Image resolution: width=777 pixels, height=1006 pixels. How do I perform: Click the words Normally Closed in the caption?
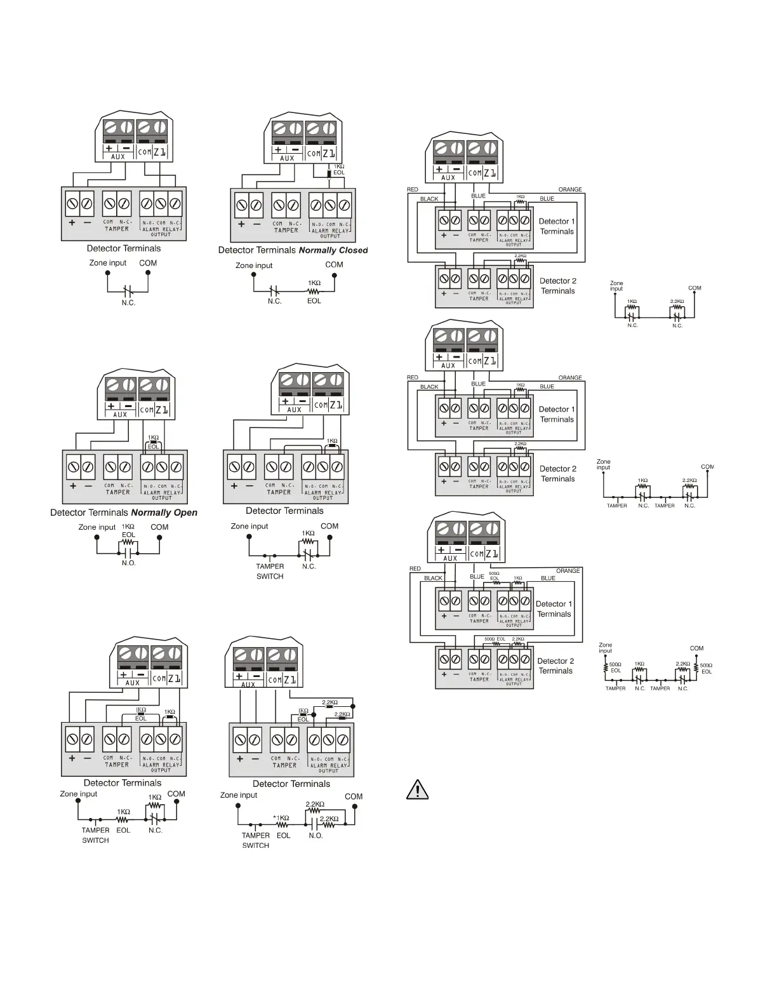tap(333, 250)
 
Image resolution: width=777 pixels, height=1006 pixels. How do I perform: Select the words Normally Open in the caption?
tap(164, 513)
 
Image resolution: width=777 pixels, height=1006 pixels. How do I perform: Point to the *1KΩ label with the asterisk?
tap(281, 818)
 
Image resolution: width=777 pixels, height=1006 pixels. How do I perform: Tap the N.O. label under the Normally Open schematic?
tap(129, 563)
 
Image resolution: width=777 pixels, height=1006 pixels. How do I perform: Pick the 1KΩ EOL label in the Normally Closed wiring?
tap(339, 170)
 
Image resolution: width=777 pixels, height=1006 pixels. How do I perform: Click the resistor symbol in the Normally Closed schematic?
tap(314, 292)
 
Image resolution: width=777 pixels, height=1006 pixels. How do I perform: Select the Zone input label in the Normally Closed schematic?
tap(254, 265)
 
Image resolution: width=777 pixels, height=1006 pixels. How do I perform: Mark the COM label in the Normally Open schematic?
tap(159, 527)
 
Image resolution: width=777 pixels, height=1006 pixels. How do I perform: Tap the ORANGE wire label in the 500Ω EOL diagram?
tap(568, 571)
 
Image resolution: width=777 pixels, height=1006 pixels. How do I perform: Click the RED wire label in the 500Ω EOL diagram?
tap(415, 569)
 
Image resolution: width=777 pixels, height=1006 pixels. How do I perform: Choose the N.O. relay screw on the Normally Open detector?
tap(147, 467)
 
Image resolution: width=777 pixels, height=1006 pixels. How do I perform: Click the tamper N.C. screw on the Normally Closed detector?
tap(293, 205)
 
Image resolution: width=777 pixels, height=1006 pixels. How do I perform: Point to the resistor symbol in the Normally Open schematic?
tap(128, 544)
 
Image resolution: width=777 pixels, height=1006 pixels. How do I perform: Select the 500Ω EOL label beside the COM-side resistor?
tap(706, 668)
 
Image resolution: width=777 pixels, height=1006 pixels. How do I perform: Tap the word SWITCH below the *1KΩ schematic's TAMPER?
tap(255, 845)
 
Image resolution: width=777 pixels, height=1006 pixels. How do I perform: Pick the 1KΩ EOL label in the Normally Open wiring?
tap(153, 442)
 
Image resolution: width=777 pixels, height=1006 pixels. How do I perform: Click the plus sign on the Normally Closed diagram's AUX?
tap(278, 150)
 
